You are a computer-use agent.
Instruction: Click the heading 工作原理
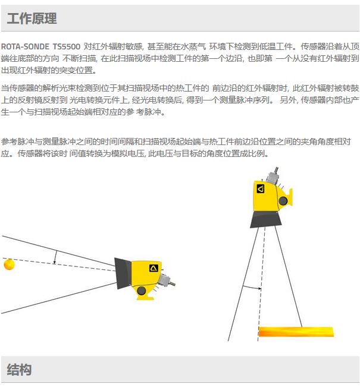click(x=32, y=18)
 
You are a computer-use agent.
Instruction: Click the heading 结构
click(x=19, y=370)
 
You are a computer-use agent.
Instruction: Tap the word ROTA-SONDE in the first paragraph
click(x=25, y=46)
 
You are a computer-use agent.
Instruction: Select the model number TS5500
click(x=67, y=46)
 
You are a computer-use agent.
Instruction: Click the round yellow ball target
click(x=10, y=264)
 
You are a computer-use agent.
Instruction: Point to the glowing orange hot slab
click(x=296, y=332)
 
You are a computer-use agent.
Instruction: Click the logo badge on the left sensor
click(x=154, y=268)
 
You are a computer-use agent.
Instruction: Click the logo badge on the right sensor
click(x=261, y=189)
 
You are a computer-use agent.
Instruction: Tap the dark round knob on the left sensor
click(x=141, y=291)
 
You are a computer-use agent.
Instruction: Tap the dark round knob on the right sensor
click(x=283, y=201)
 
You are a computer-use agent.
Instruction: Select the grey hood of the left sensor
click(x=123, y=273)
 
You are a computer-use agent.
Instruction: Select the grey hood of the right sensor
click(x=265, y=219)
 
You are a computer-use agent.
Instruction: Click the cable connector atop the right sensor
click(x=273, y=175)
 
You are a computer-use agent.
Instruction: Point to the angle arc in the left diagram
click(x=55, y=257)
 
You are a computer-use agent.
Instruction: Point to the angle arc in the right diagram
click(x=252, y=287)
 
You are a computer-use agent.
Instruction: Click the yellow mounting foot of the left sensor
click(x=145, y=297)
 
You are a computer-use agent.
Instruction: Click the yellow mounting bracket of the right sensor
click(x=290, y=197)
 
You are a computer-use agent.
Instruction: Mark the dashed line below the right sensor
click(x=261, y=284)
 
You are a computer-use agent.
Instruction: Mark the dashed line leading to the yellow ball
click(x=59, y=265)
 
